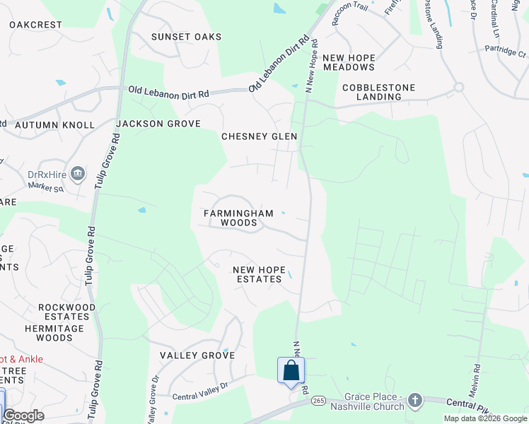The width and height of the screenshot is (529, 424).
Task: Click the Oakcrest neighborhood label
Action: [x=35, y=25]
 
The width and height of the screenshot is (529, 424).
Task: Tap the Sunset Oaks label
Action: [x=187, y=37]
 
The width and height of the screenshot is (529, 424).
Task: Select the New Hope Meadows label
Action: [x=348, y=62]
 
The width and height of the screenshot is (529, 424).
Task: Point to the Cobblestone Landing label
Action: [x=378, y=92]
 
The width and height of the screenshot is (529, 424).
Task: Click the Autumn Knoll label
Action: [x=54, y=125]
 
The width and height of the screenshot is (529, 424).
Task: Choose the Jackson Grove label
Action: [x=158, y=124]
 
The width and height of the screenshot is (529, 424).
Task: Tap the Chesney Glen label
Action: [x=259, y=136]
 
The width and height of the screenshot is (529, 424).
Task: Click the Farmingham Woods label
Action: [x=230, y=218]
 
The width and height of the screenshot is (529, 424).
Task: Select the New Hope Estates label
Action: [x=259, y=274]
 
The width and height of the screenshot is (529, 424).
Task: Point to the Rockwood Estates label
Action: [x=67, y=312]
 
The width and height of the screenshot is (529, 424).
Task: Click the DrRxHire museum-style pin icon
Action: [x=79, y=173]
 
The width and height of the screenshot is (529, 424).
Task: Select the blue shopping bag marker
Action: [x=291, y=370]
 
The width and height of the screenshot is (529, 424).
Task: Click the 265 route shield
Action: [x=319, y=401]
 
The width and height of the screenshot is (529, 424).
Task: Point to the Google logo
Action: [x=23, y=416]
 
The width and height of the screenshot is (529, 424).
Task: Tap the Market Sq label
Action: [x=46, y=188]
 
